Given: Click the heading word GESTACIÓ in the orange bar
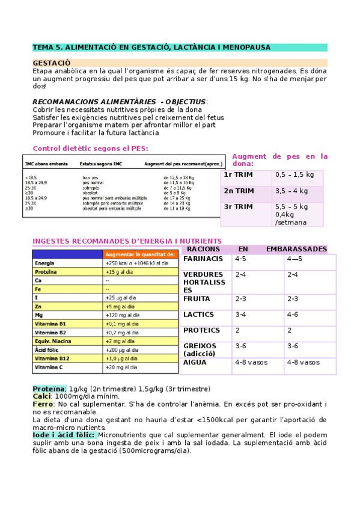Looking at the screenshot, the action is [51, 63].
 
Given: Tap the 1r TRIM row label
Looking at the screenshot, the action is [239, 175].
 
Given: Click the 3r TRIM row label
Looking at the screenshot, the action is [239, 207].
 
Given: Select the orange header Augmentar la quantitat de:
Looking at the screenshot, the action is [140, 254].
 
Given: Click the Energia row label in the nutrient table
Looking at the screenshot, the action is [45, 263].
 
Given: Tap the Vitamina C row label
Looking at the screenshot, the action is [49, 367].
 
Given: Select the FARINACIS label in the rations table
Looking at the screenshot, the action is [203, 259].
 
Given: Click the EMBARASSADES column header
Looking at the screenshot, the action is [296, 249].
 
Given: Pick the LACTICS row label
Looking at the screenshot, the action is [198, 315].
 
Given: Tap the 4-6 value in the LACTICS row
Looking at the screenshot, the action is [293, 315].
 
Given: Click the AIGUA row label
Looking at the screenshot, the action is [195, 363].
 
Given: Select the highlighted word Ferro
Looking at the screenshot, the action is [42, 404].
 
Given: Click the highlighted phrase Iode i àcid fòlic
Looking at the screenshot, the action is [64, 435].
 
